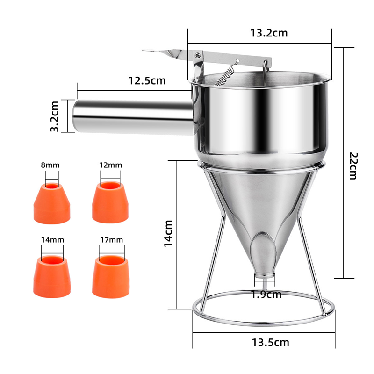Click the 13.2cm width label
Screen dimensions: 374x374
(268, 33)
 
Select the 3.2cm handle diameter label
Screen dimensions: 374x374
(56, 115)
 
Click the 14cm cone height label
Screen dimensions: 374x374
(169, 234)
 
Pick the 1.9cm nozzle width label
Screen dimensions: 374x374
(266, 295)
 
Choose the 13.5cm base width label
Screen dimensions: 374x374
(269, 343)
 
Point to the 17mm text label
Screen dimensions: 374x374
(111, 240)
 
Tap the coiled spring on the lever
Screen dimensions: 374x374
(227, 74)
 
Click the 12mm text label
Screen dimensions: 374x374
(110, 165)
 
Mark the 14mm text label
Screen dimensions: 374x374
(52, 240)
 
